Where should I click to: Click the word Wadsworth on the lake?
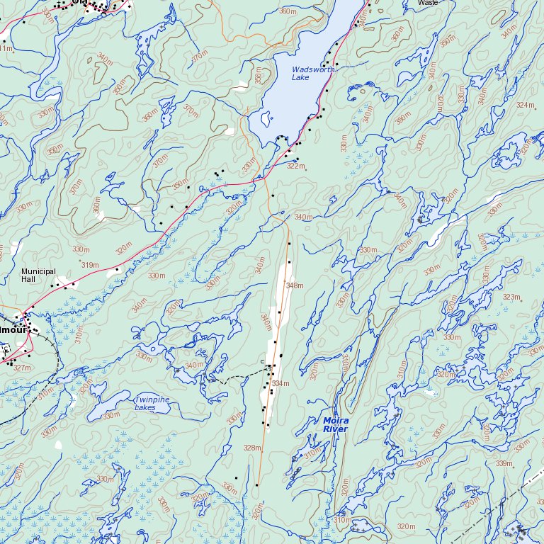click(310, 69)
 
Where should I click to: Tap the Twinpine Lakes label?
click(152, 404)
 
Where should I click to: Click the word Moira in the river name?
click(336, 420)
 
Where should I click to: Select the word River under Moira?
click(335, 429)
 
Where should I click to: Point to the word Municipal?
click(38, 271)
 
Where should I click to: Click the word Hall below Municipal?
click(28, 280)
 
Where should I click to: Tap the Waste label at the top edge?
click(428, 3)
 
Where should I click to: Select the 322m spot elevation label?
click(295, 166)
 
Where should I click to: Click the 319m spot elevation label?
click(89, 265)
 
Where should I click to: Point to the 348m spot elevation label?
click(294, 285)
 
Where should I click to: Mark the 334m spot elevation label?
click(280, 383)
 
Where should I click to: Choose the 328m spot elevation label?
click(251, 448)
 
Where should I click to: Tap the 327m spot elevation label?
click(22, 368)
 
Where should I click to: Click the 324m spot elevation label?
click(525, 105)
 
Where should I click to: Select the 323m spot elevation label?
click(511, 297)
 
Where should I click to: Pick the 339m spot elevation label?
click(504, 463)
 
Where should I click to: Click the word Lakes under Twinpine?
click(145, 408)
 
